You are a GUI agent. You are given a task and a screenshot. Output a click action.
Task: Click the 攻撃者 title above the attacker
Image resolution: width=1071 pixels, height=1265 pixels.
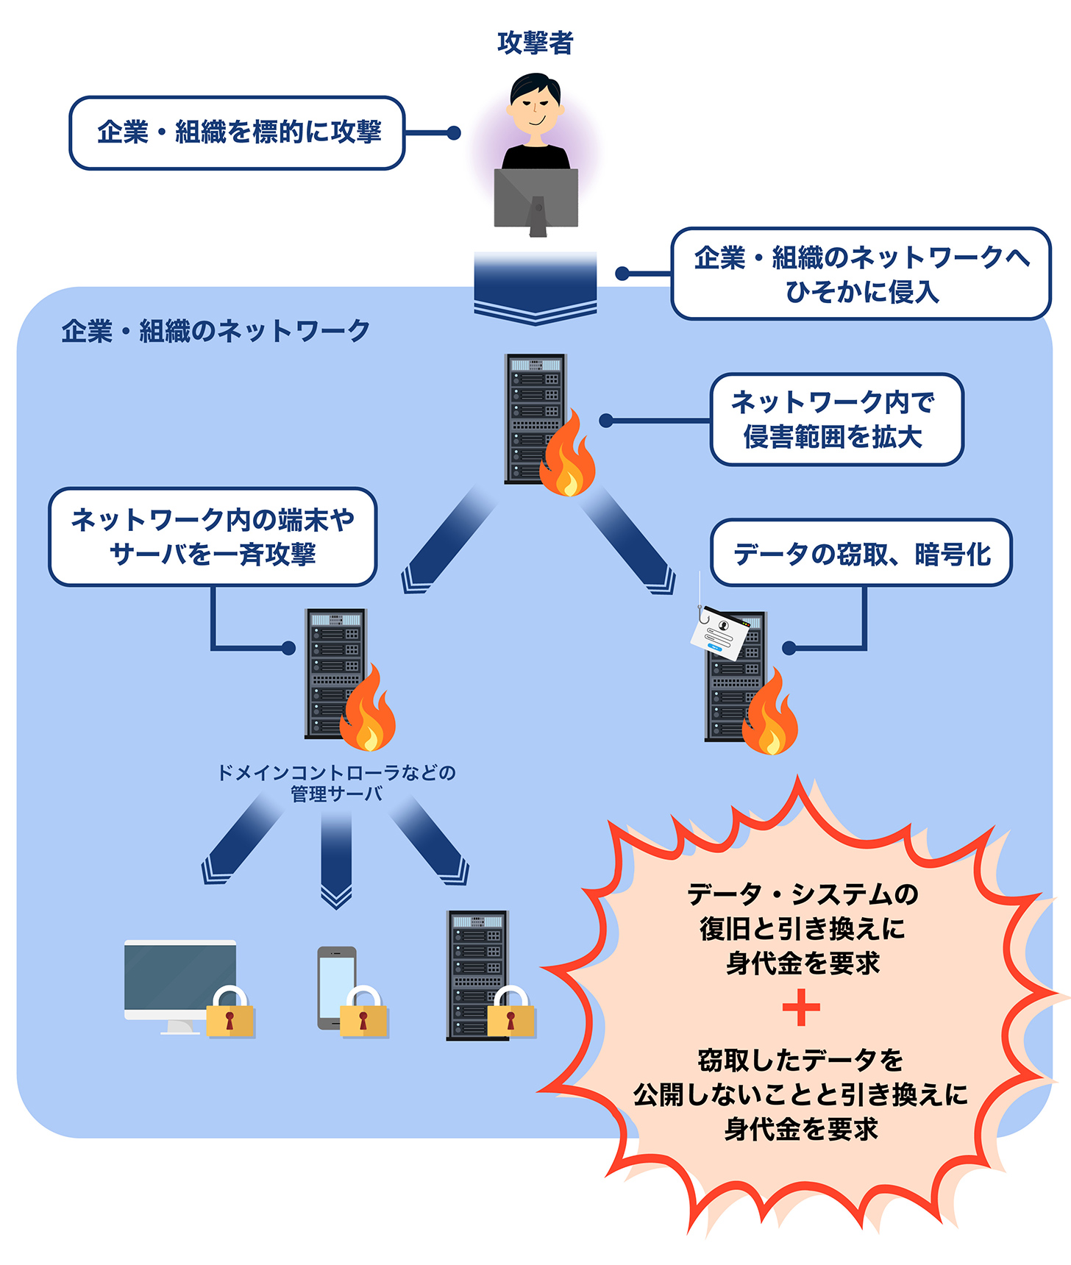tap(535, 43)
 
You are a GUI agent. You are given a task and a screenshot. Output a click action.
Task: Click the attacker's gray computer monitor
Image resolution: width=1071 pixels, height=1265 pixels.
tap(535, 197)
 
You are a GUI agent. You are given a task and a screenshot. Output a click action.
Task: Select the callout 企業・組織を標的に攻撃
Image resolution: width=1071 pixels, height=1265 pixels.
tap(237, 133)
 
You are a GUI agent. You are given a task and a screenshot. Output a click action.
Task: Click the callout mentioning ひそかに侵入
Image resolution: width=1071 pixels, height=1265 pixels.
tap(861, 274)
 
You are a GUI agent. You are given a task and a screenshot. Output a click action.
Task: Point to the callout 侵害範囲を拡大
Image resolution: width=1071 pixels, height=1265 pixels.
tap(836, 420)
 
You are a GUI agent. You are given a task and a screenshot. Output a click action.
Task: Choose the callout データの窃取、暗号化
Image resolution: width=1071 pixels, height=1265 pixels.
tap(861, 553)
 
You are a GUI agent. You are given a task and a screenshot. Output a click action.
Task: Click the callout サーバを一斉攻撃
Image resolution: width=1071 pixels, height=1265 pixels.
tap(213, 537)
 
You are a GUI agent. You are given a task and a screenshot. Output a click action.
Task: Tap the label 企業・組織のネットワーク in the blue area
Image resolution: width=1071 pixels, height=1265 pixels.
tap(216, 331)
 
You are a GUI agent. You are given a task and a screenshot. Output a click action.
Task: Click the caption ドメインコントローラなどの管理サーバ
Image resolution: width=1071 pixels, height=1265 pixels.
tap(336, 783)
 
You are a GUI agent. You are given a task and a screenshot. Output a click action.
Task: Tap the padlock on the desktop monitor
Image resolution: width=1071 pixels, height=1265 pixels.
tap(230, 1013)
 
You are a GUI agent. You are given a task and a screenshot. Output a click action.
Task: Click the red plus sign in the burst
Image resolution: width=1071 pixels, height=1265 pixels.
tap(801, 1008)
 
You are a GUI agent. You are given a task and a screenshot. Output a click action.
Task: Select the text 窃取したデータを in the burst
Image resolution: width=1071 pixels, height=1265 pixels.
tap(800, 1060)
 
